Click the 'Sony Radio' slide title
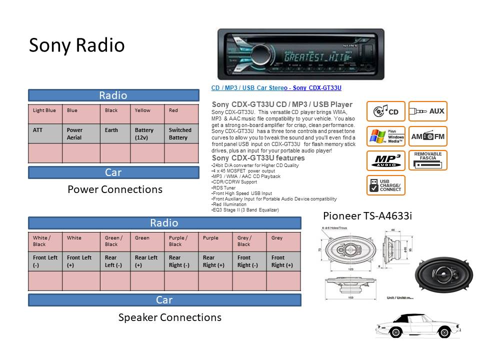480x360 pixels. [x=76, y=45]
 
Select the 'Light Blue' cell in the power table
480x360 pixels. [x=44, y=110]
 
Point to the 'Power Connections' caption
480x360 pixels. [x=115, y=189]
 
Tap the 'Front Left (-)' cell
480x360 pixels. [x=45, y=261]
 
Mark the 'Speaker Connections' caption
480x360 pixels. [x=169, y=317]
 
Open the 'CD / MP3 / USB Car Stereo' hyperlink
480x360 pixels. [x=276, y=88]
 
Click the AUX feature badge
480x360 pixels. [x=427, y=111]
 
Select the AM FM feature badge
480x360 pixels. [x=427, y=136]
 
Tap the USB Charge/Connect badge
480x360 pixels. [x=385, y=185]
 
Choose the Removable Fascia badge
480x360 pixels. [x=427, y=160]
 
